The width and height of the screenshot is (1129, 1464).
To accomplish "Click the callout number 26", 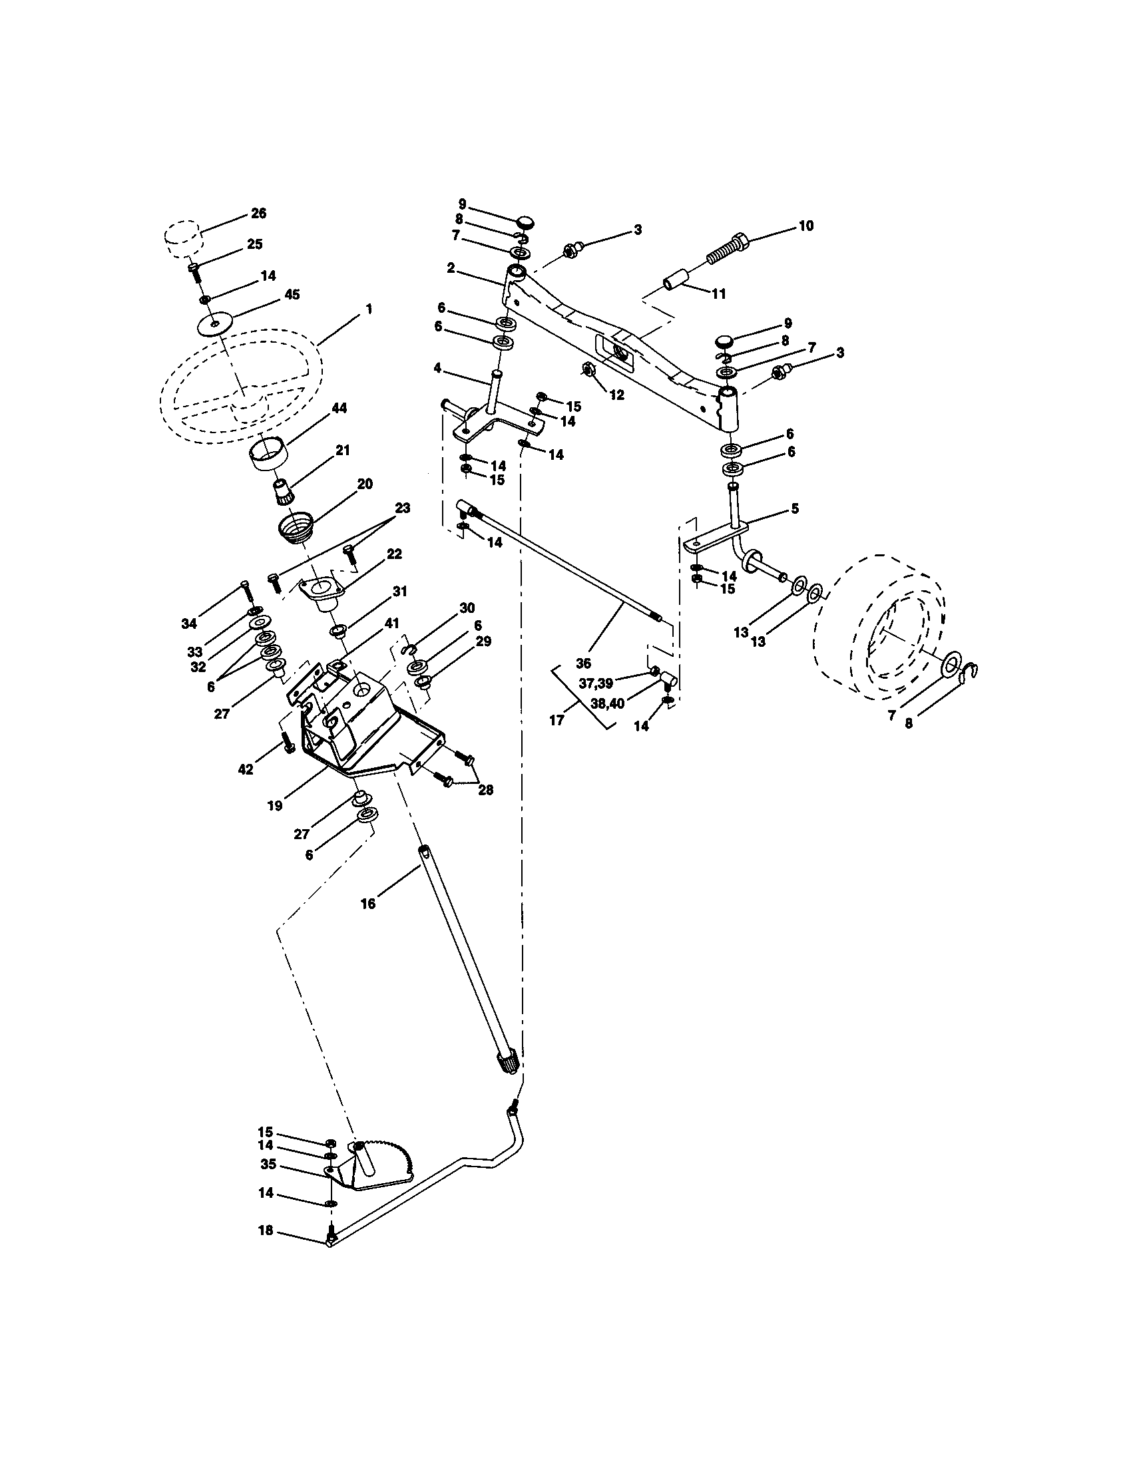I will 258,213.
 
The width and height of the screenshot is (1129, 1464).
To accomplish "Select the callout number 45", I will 292,295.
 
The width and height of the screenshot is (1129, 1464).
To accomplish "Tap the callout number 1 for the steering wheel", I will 369,309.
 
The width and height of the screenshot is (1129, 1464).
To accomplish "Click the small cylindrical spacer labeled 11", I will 677,281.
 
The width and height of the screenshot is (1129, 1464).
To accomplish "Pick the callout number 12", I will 617,395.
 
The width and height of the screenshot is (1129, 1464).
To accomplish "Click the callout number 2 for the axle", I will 451,268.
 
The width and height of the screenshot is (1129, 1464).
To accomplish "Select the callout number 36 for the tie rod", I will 583,662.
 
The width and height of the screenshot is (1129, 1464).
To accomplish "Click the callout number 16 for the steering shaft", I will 367,904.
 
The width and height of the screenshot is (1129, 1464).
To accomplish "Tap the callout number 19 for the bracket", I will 275,805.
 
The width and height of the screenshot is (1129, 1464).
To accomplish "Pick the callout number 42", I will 246,769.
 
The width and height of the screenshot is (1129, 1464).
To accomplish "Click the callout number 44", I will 339,408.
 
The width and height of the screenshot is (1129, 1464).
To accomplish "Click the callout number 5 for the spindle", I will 793,509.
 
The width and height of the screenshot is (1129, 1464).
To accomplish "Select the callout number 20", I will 365,484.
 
